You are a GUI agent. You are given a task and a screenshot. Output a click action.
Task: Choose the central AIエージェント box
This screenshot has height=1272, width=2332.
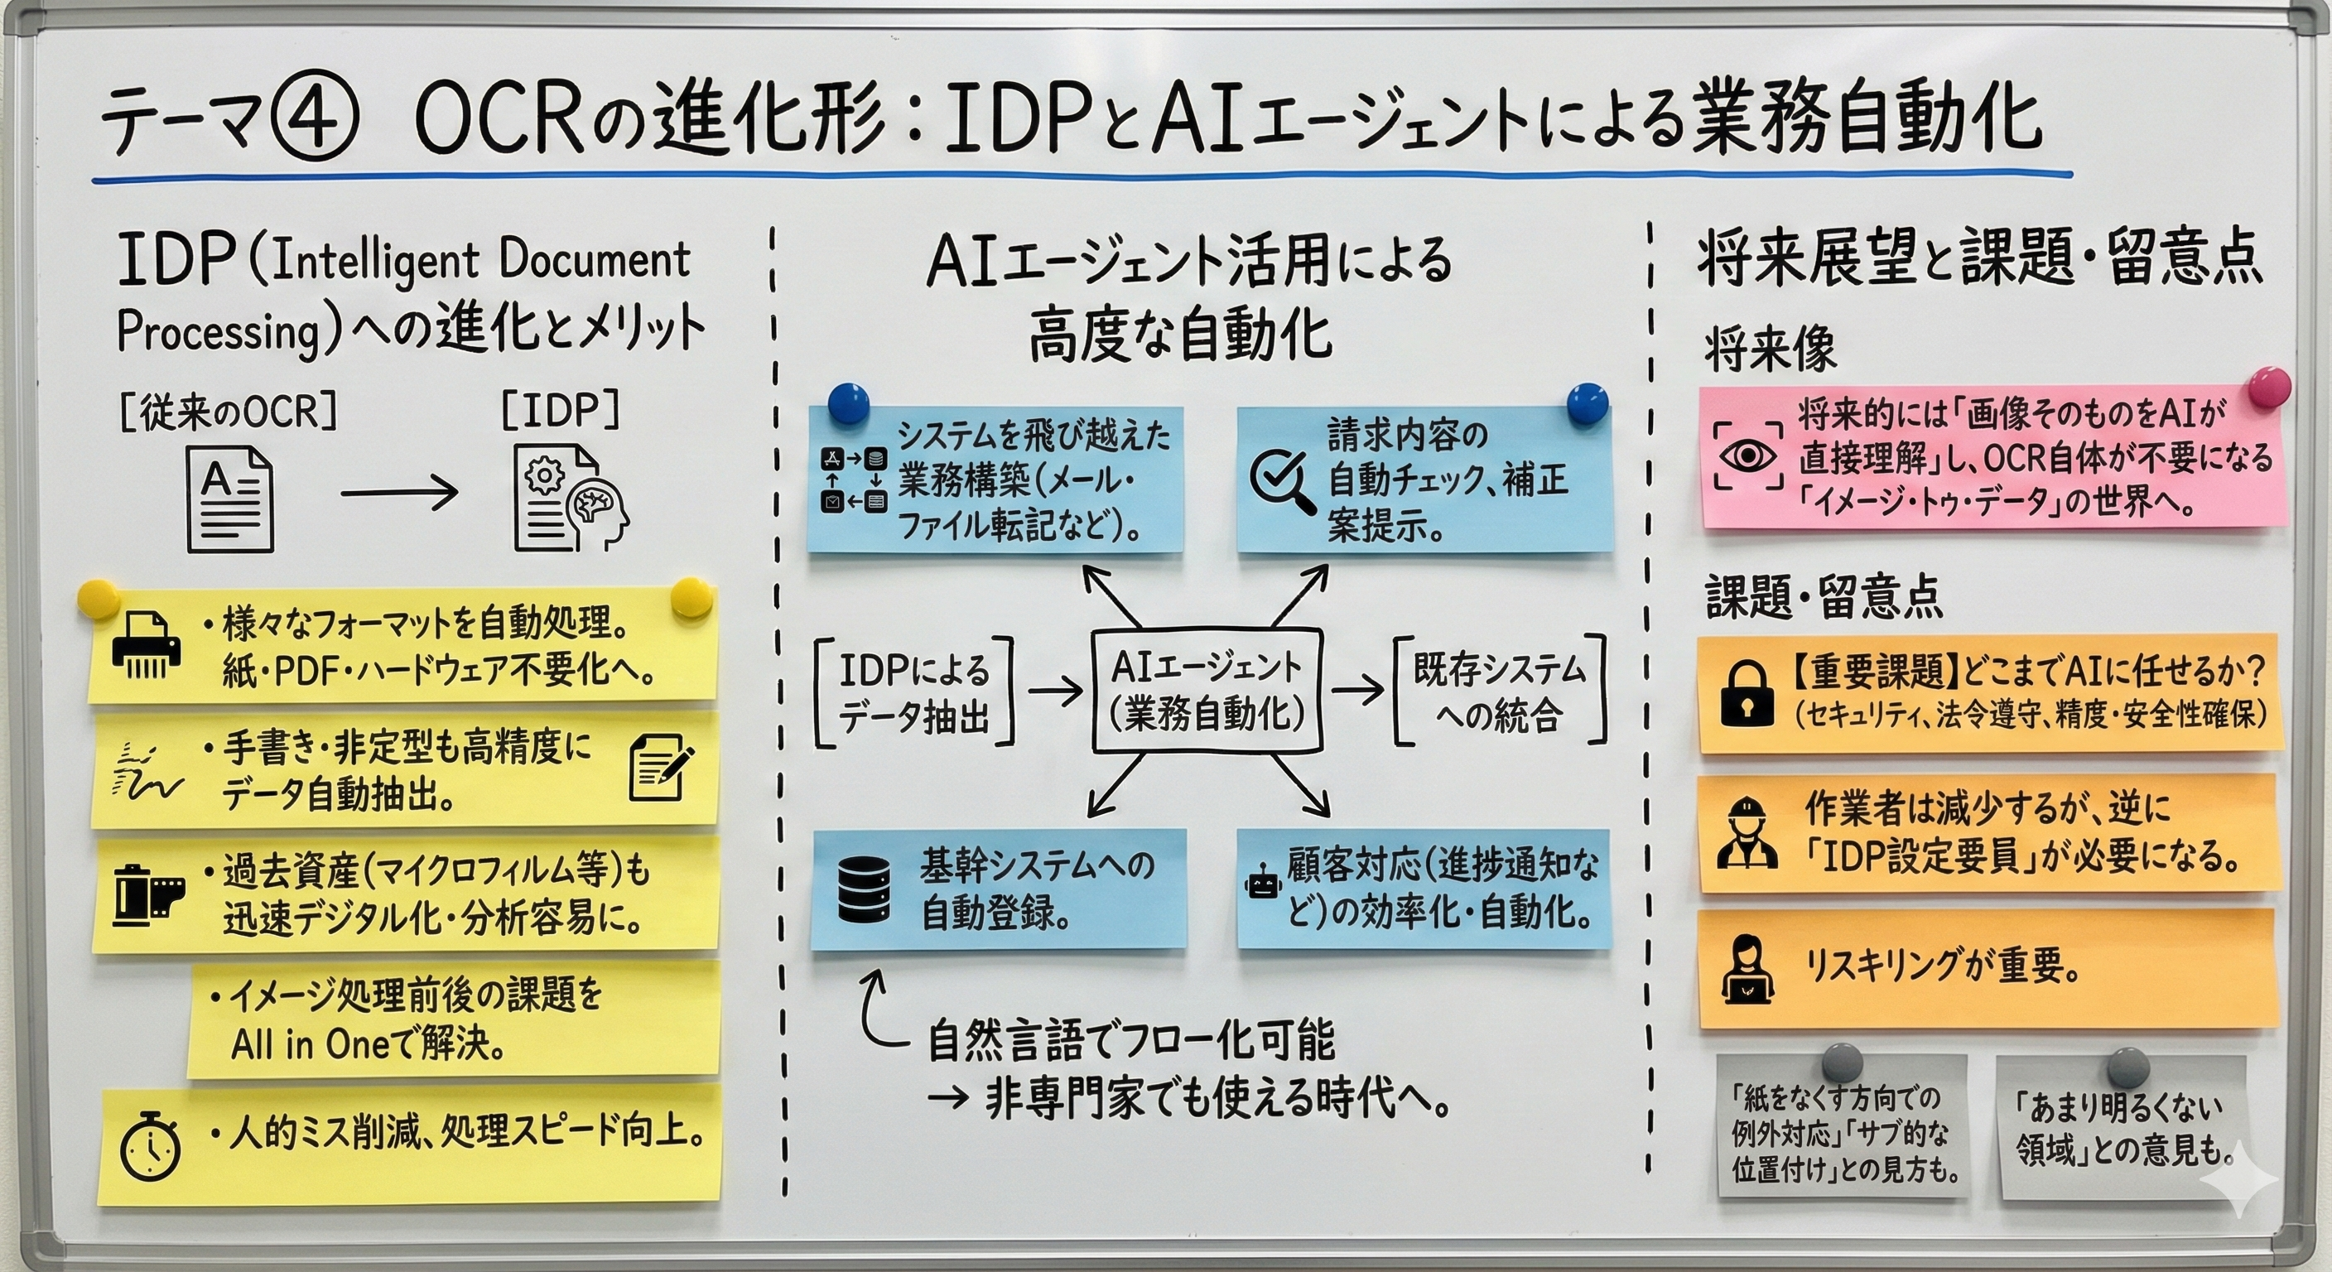(1207, 690)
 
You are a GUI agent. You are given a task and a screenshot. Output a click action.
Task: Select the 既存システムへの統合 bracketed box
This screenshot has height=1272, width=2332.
(1499, 691)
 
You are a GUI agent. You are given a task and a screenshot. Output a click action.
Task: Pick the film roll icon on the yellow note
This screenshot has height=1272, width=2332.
(148, 894)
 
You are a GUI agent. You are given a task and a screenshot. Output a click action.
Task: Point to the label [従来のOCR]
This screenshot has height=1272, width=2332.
(227, 412)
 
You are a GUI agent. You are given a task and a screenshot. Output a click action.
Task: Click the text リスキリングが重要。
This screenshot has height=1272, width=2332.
(1941, 968)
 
